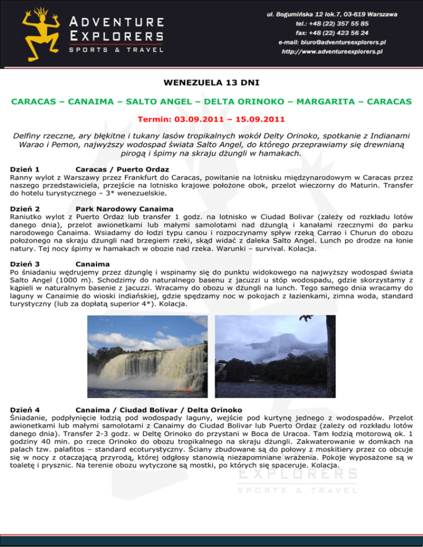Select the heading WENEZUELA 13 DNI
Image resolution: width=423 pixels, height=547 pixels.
(x=211, y=84)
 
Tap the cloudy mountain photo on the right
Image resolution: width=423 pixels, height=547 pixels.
(x=274, y=356)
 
